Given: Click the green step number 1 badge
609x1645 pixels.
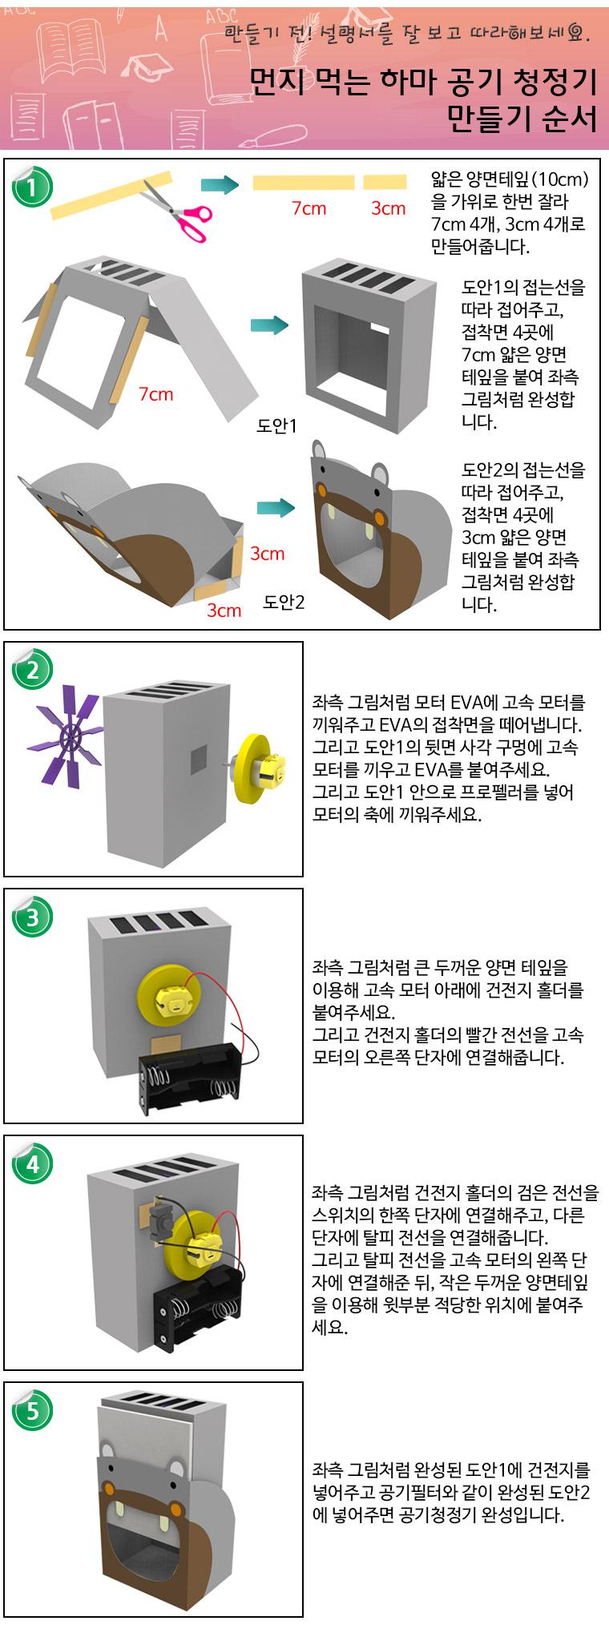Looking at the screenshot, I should tap(32, 187).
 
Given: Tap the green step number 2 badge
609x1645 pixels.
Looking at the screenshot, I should tap(32, 671).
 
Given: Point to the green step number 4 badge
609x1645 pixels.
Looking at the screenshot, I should tap(32, 1163).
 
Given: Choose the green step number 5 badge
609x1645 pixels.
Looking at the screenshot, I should tap(32, 1410).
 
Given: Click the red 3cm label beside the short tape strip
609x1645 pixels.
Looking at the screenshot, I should tap(388, 208).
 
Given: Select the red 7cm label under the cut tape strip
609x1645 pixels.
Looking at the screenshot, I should tap(309, 208).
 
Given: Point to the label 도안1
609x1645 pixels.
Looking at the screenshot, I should tap(276, 425).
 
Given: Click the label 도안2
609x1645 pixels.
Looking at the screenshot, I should tap(284, 601).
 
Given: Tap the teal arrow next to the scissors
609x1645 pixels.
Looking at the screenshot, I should tap(220, 186).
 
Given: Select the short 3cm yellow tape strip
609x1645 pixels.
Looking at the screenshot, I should tap(385, 183).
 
